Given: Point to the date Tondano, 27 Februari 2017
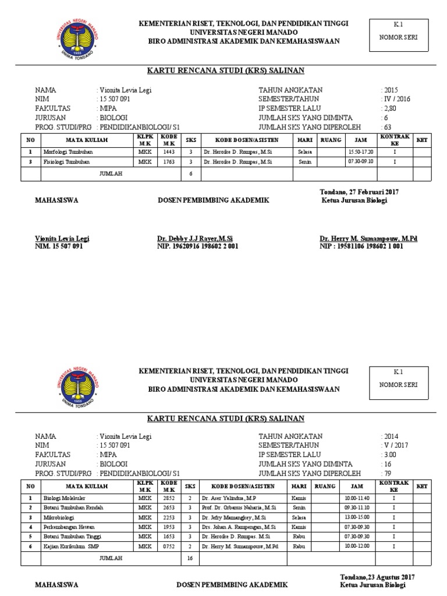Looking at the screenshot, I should click(x=359, y=191).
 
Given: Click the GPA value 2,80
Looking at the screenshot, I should click(x=389, y=108).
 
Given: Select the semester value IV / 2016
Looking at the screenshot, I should click(x=397, y=99).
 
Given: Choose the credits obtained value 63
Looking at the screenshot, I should click(x=386, y=126).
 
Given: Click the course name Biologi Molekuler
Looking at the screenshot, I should click(x=65, y=498).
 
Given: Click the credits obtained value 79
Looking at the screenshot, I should click(x=386, y=473).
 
